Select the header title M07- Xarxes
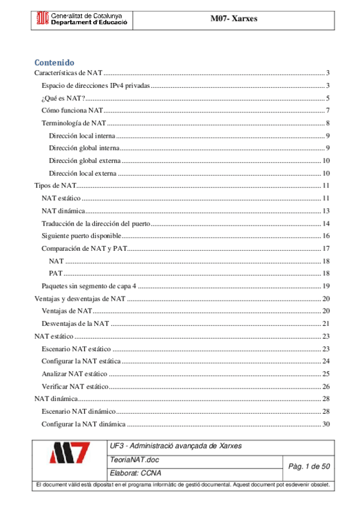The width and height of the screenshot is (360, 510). point(233,19)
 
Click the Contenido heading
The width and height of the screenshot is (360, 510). point(54,62)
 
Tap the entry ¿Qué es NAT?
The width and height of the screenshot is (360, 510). point(63,99)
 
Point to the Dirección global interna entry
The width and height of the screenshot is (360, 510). point(86,148)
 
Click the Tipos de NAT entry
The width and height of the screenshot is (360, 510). point(52,185)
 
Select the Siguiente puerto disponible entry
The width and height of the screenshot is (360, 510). point(81,236)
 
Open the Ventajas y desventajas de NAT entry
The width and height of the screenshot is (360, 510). point(79,298)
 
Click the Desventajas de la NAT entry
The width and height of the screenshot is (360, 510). point(75,324)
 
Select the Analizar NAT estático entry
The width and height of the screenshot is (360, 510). point(75,373)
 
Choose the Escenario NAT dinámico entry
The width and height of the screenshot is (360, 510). point(78,411)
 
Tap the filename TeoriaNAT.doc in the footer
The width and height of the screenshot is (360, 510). point(132,460)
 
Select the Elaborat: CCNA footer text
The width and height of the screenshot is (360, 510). point(135,473)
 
